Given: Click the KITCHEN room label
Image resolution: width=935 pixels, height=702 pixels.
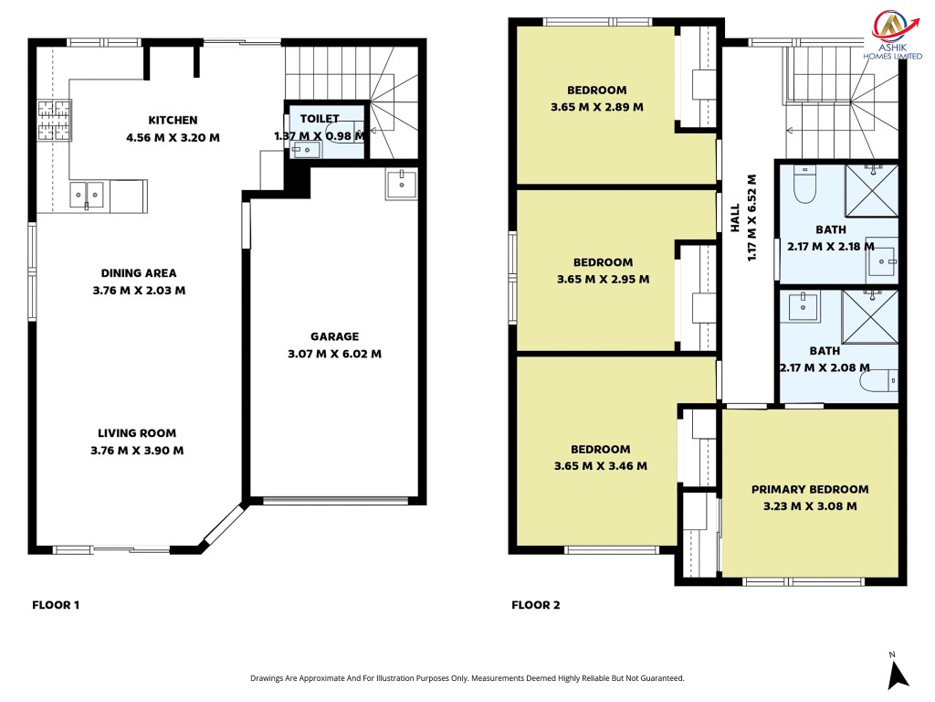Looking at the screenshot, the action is click(x=173, y=121).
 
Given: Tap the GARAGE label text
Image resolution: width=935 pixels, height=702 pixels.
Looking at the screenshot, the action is click(x=334, y=336).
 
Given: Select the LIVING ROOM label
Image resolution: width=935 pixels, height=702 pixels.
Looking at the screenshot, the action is click(x=137, y=433).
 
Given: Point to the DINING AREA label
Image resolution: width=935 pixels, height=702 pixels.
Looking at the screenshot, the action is click(x=139, y=273).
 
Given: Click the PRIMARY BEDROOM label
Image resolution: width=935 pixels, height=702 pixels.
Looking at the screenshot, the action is click(x=810, y=490).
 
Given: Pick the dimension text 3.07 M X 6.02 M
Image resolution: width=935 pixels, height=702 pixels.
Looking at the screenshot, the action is click(x=334, y=354).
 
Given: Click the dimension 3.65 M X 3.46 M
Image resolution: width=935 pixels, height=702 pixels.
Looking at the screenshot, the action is click(x=601, y=466).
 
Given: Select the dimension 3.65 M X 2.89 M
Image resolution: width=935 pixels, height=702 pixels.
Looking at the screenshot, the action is click(x=597, y=108).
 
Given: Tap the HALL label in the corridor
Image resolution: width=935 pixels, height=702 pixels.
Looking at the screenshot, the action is click(x=735, y=218).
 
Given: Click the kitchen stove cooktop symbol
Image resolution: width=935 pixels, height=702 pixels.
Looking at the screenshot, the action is click(x=54, y=121).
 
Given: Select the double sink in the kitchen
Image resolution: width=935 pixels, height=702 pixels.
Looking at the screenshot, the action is click(x=87, y=196).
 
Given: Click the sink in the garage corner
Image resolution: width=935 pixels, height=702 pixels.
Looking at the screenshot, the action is click(x=402, y=183).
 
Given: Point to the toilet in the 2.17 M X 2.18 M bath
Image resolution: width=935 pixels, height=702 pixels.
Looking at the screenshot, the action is click(x=805, y=184).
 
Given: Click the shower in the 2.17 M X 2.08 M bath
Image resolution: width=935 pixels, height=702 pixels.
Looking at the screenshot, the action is click(x=870, y=317).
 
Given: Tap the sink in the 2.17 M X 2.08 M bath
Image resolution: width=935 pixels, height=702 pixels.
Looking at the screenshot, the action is click(x=804, y=306).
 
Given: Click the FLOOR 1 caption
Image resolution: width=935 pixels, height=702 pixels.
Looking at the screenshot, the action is click(x=56, y=605).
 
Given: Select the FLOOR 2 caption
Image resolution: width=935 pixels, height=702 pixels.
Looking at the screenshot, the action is click(x=535, y=605).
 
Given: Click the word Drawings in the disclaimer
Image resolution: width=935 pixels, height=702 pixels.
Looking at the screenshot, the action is click(x=267, y=678).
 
